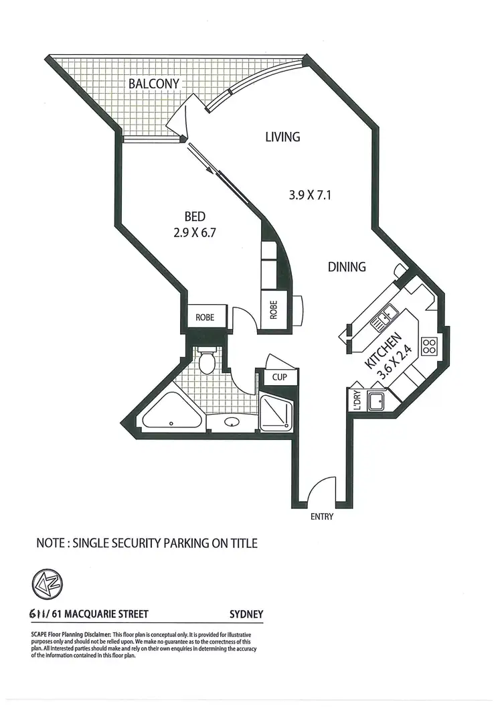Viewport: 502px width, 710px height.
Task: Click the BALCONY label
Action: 155,84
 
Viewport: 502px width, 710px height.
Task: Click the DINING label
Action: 347,267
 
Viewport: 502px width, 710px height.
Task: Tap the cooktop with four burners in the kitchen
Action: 428,346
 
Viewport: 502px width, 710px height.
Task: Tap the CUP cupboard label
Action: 279,377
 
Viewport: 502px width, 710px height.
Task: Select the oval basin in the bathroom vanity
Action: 232,423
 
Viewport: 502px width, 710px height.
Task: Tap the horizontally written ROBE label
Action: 205,317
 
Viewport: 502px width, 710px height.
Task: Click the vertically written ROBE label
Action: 274,309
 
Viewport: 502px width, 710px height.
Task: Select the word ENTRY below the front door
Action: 321,516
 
